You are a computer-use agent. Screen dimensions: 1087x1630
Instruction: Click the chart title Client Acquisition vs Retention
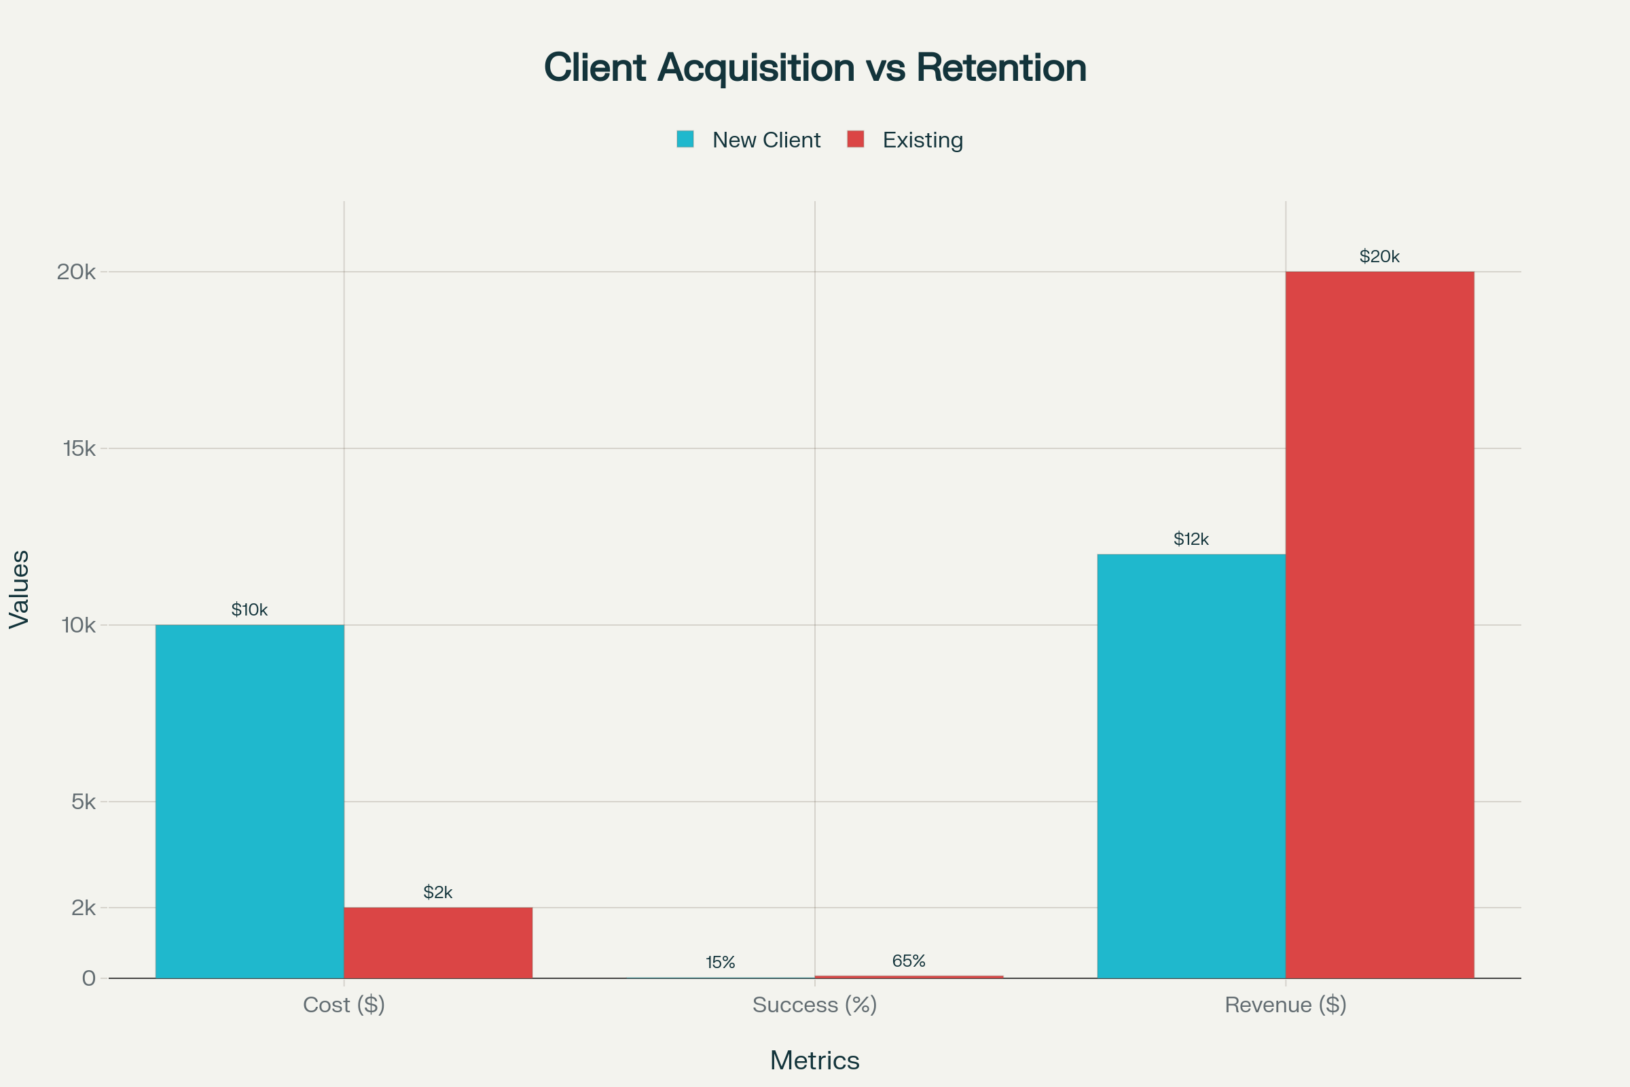click(814, 68)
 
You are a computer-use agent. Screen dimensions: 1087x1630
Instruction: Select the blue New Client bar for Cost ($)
click(249, 802)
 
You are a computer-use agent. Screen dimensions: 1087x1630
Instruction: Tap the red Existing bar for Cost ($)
click(438, 943)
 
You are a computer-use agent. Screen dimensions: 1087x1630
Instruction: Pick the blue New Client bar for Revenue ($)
click(1191, 766)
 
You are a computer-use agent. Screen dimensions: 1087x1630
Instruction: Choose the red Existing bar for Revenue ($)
click(1379, 624)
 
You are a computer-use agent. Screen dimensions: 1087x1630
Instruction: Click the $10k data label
click(249, 610)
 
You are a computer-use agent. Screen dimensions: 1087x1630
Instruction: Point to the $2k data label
click(438, 892)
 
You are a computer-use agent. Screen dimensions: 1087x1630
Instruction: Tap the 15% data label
click(720, 962)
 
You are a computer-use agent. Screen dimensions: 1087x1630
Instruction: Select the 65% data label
click(909, 961)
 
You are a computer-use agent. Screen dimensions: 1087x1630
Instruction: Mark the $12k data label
click(1191, 539)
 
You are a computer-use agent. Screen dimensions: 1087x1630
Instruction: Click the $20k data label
click(1379, 257)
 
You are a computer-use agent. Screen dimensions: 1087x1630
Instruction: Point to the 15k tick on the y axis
click(79, 448)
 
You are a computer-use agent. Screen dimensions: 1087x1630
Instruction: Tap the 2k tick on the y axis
click(83, 908)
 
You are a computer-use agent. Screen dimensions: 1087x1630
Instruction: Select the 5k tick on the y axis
click(83, 802)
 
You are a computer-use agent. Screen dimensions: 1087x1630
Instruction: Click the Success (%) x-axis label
click(814, 1005)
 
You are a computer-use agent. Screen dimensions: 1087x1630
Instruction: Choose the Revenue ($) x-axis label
click(1285, 1005)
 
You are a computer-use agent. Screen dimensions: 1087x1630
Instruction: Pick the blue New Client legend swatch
click(685, 139)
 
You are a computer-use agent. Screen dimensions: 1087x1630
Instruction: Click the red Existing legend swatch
click(855, 139)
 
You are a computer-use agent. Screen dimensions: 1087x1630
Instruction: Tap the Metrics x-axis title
click(814, 1061)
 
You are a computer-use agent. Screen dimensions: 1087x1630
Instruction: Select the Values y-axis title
click(20, 589)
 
